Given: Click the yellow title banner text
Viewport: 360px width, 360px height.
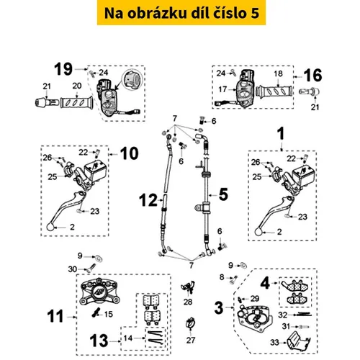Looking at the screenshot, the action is pos(181,13).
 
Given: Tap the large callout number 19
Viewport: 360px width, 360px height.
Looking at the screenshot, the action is pos(63,69).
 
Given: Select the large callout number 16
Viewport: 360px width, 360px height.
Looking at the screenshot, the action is pos(312,75).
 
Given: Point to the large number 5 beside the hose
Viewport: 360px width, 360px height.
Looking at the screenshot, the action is pos(223,194).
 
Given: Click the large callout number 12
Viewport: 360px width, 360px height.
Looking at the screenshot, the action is pos(148,200).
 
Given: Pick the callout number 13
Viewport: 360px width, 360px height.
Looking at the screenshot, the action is pos(99,341).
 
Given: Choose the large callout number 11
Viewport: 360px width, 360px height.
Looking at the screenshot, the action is pos(55,316).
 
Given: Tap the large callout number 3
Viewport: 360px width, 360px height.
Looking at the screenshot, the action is pos(219,307).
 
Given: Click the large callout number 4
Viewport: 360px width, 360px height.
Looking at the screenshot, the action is pos(265,284).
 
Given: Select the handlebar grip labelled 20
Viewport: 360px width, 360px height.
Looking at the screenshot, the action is pos(76,103).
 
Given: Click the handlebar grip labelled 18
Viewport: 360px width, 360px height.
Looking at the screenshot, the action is pos(274,91).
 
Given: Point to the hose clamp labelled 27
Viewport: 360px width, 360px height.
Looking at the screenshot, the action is pos(191,323).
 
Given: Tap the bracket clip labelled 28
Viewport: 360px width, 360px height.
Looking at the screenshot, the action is pos(188,287).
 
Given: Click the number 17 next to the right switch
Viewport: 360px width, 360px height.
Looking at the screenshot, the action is pos(222,89).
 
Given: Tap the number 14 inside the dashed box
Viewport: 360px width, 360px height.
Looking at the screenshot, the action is pos(128,338).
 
